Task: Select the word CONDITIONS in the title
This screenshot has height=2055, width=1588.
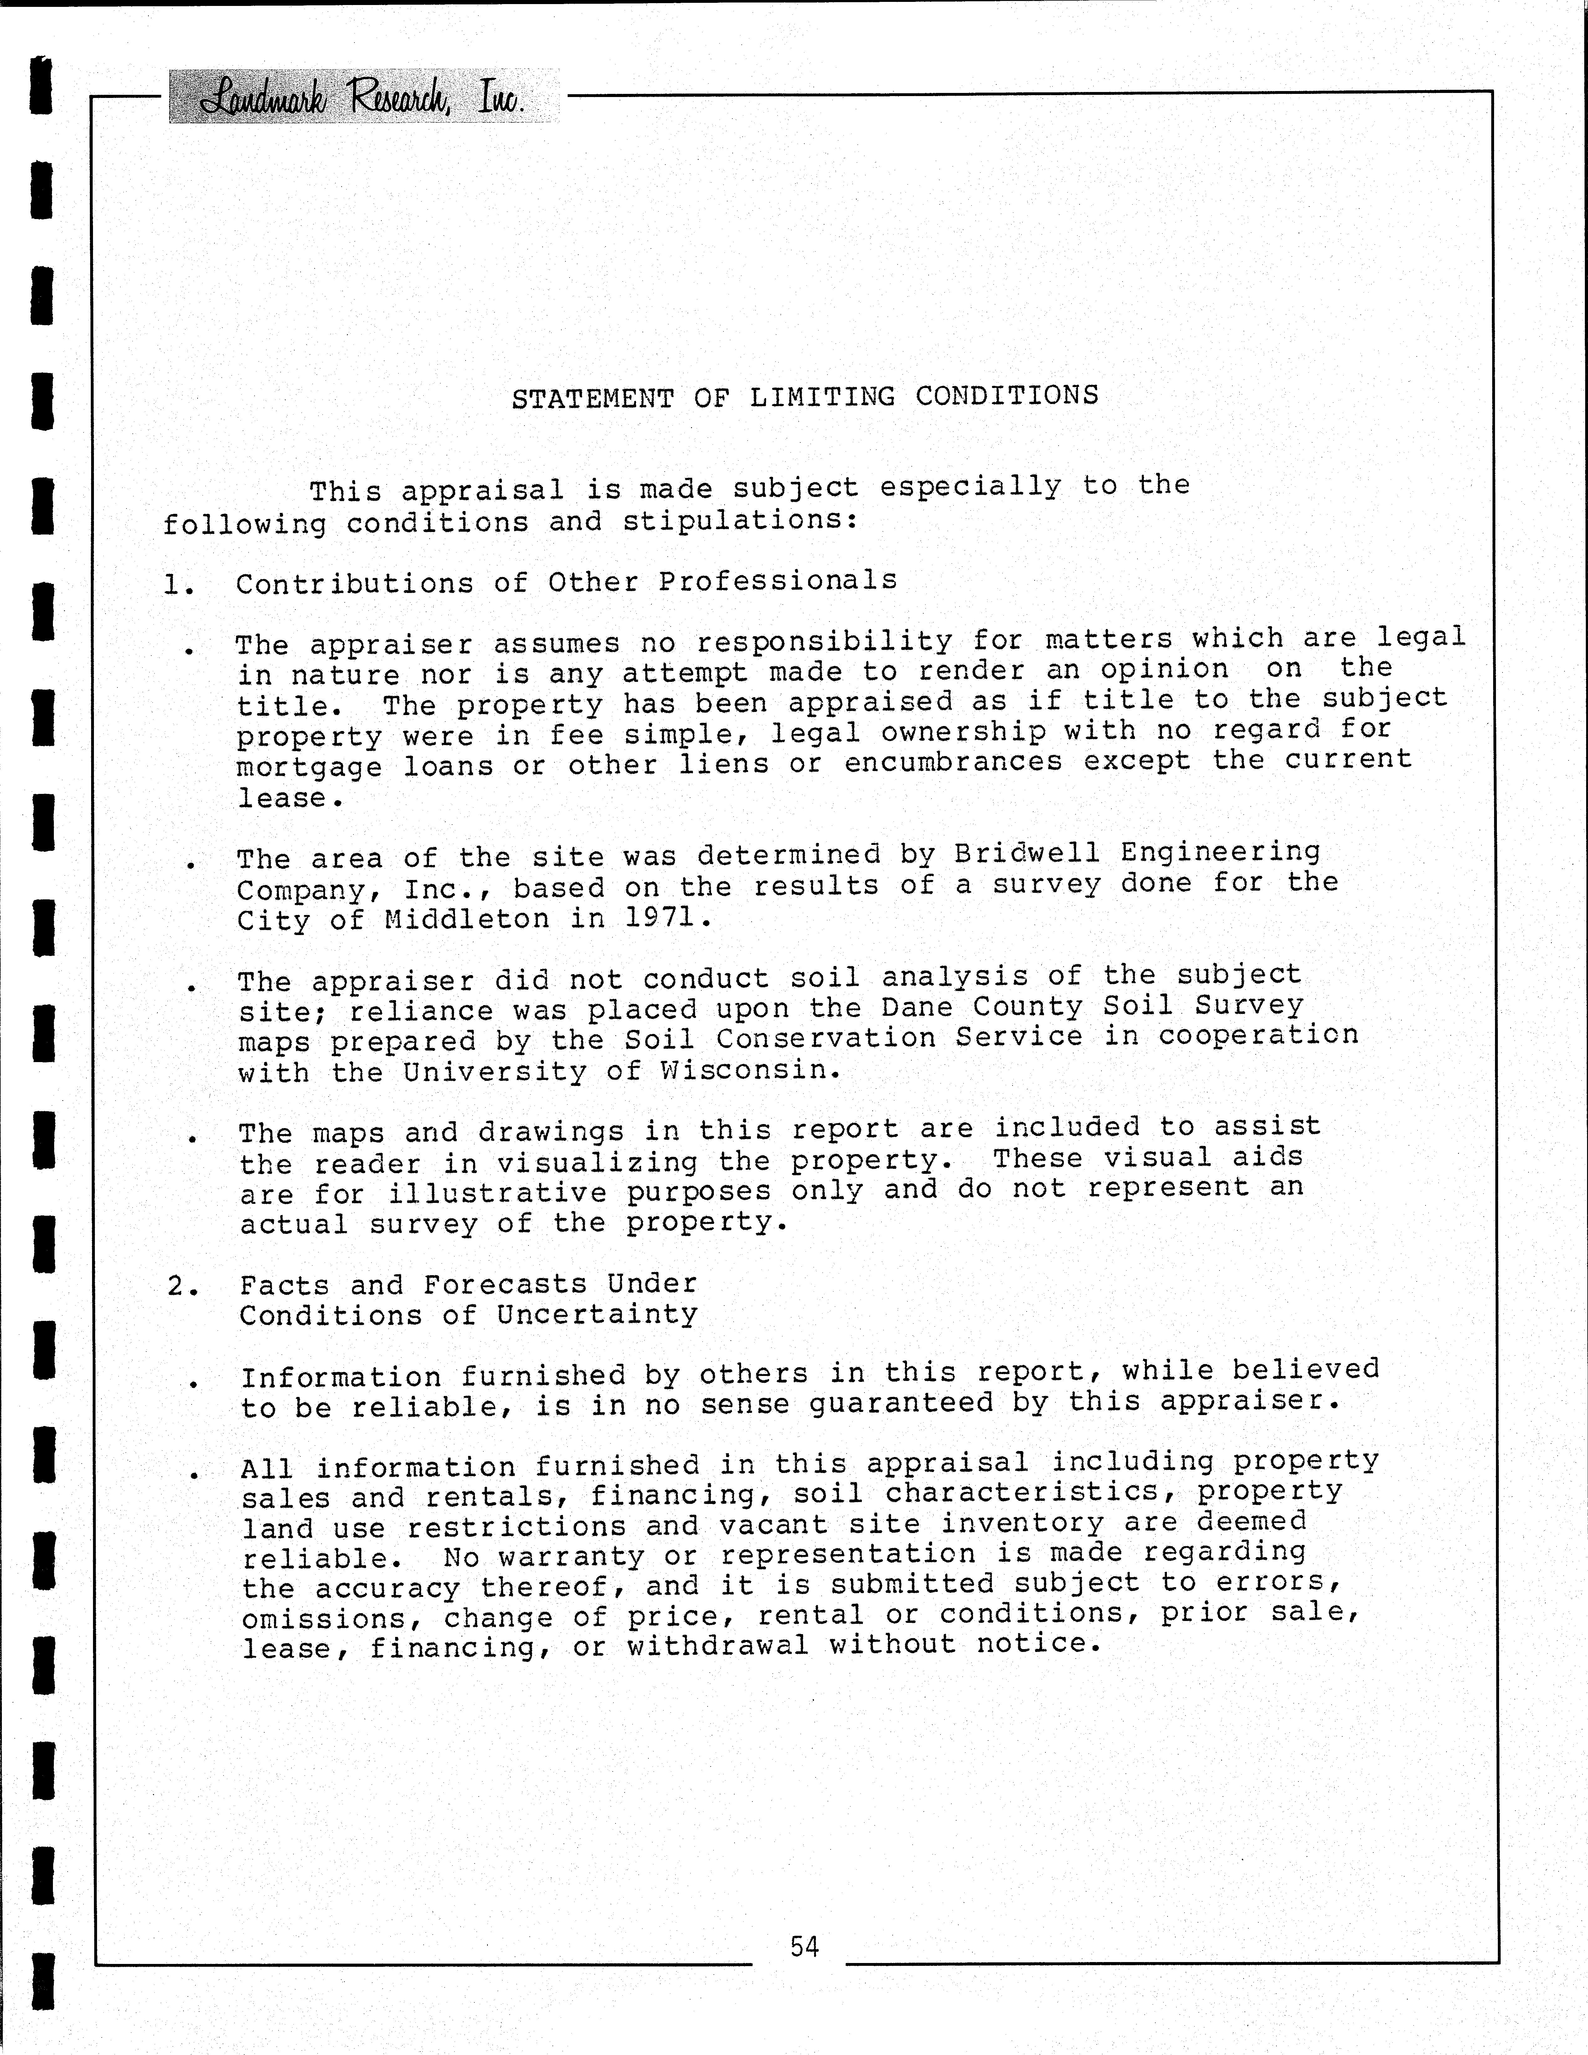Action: [1006, 395]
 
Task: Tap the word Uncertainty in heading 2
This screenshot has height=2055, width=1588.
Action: [598, 1315]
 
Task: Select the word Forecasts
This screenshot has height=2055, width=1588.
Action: [504, 1284]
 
